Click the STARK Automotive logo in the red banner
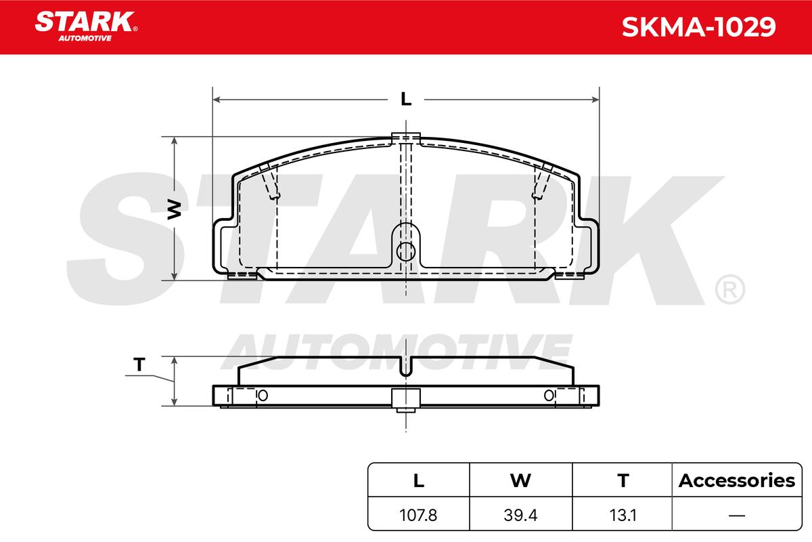[x=86, y=26]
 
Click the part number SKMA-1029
[x=698, y=27]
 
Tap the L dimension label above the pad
[x=406, y=99]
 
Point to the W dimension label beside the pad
[x=175, y=209]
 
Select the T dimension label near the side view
[x=139, y=364]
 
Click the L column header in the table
[x=419, y=480]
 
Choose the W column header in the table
[x=520, y=480]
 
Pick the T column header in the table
[x=623, y=480]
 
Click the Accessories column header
[x=737, y=480]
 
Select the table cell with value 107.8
[x=418, y=515]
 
